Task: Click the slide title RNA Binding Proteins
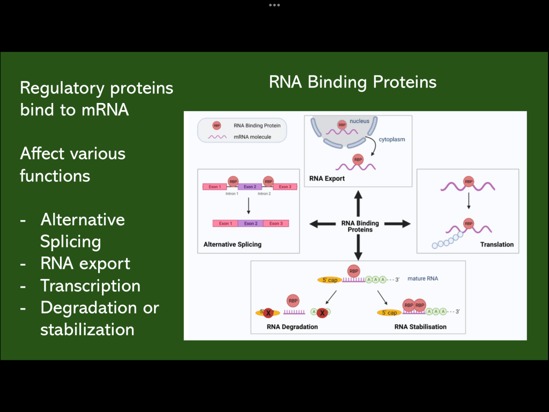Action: (x=353, y=82)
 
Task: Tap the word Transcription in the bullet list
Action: (x=90, y=286)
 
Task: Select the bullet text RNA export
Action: (x=85, y=263)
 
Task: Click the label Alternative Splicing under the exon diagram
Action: (x=233, y=245)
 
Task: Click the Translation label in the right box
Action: (x=496, y=245)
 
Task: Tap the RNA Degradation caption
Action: (x=292, y=327)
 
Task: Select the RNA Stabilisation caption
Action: (x=420, y=327)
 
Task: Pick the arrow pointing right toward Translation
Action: (x=397, y=224)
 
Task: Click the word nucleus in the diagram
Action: (x=359, y=121)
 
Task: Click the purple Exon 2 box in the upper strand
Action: (x=250, y=187)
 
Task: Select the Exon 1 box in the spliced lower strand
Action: (x=225, y=223)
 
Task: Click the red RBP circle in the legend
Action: (x=217, y=126)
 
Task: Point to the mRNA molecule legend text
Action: (x=253, y=137)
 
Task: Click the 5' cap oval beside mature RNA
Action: (x=329, y=280)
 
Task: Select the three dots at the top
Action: (x=274, y=5)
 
